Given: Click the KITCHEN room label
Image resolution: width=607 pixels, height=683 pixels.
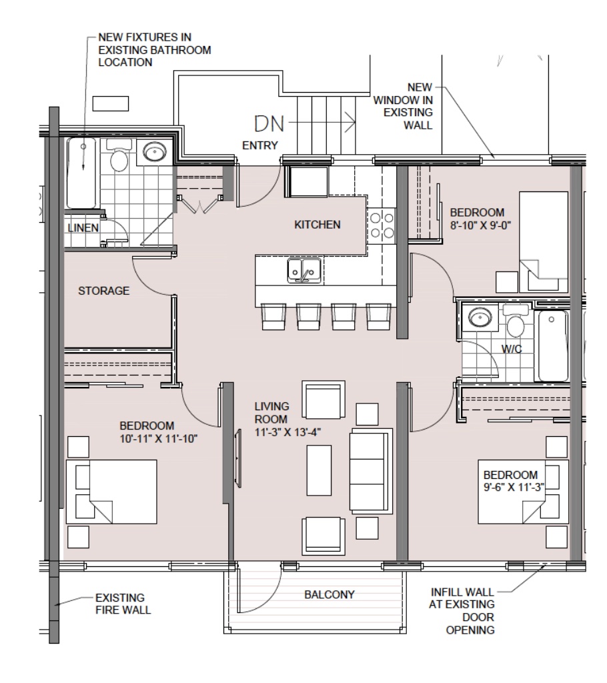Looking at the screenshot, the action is pos(318,225).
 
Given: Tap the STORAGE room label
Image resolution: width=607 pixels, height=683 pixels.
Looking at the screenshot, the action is pos(103,291).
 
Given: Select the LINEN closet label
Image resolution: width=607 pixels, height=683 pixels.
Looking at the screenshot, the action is pos(83,228).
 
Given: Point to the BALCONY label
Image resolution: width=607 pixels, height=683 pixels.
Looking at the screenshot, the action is pos(330,594).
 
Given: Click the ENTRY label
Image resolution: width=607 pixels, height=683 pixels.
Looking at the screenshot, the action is pos(260,145).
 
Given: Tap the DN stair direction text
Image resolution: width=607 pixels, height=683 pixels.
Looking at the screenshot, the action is pos(269,123).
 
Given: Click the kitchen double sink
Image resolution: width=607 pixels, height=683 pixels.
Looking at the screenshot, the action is pos(304,271).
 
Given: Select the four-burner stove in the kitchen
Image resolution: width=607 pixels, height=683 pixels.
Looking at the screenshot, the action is pos(382,225).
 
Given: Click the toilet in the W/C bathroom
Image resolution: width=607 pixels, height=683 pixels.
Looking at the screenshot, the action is pos(516,321).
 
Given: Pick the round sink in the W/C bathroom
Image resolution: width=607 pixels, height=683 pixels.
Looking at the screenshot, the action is pos(479,317).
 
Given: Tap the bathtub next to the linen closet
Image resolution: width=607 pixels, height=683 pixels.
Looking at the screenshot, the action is pos(81,173).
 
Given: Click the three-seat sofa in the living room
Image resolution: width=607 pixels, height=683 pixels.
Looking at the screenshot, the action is pos(371,470).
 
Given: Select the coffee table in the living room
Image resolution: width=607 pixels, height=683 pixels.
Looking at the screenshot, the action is pos(320,470).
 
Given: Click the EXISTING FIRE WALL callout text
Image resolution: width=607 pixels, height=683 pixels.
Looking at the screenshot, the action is pos(123,604).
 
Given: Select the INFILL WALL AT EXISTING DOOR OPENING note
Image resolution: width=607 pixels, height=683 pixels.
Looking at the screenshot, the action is pos(462,611).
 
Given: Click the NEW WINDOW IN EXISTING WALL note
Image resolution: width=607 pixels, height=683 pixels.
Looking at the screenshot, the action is pos(403,106).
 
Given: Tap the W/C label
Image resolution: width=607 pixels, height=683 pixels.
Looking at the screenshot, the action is pos(512,349).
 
